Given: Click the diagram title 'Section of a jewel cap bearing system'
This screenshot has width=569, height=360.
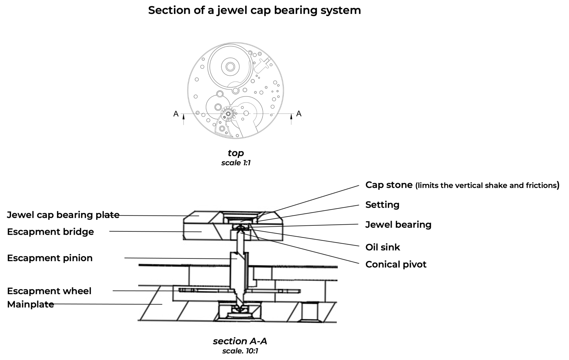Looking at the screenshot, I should (x=254, y=10).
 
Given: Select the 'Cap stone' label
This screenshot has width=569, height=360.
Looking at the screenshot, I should (x=389, y=185).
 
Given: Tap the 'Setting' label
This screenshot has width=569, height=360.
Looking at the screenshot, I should (x=382, y=205).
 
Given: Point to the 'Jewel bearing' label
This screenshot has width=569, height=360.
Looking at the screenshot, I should (x=398, y=225).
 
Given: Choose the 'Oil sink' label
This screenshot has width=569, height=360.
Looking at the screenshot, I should (x=382, y=247).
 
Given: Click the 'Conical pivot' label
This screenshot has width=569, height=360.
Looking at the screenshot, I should (x=396, y=264).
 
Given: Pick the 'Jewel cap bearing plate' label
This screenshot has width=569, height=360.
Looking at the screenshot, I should (x=63, y=215).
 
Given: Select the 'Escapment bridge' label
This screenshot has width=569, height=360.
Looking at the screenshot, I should (x=50, y=232).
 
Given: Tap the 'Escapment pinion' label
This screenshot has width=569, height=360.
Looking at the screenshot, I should (x=50, y=258).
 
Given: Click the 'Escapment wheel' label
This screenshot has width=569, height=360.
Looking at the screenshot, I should (x=49, y=291).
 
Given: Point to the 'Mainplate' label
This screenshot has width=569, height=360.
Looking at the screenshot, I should (x=31, y=304).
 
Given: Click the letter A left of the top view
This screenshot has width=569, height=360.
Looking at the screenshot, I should (x=176, y=114).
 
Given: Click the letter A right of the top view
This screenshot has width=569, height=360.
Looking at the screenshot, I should (x=299, y=114).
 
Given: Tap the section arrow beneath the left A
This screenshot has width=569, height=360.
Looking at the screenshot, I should (x=183, y=119).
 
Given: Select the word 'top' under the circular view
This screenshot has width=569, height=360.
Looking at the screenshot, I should (x=236, y=153).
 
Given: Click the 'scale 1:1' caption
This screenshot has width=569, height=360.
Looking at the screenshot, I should (x=236, y=163).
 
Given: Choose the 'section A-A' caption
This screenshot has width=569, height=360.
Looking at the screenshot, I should (x=240, y=341).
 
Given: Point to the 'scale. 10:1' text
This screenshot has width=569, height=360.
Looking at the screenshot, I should (x=240, y=351).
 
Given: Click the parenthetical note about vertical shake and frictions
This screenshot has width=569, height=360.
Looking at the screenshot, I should (x=487, y=185).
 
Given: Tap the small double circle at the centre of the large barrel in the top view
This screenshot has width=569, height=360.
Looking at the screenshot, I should (x=230, y=66).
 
